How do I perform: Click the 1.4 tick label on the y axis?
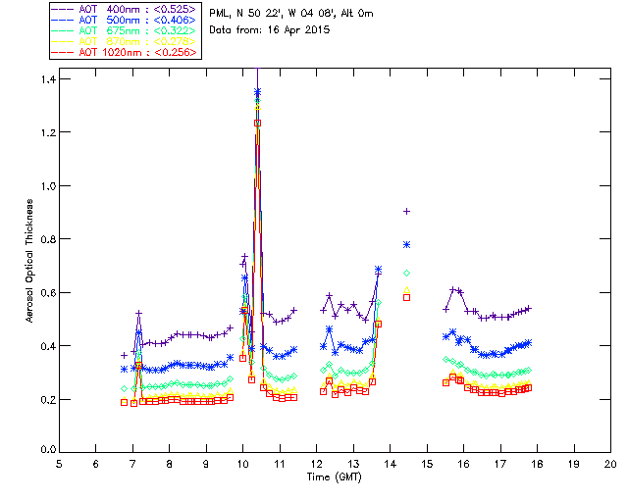click(x=47, y=78)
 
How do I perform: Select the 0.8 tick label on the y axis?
click(x=47, y=239)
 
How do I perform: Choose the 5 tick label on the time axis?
click(x=59, y=463)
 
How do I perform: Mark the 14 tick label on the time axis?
click(x=390, y=463)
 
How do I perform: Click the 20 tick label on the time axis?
click(x=610, y=463)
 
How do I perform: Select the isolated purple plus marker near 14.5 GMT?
click(x=406, y=211)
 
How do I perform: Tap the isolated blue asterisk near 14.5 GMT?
click(x=406, y=244)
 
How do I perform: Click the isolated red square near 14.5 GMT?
click(x=406, y=297)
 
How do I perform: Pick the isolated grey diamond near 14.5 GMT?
click(x=406, y=272)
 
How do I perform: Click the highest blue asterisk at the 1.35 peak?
click(x=257, y=92)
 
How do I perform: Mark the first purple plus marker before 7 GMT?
click(x=124, y=354)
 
